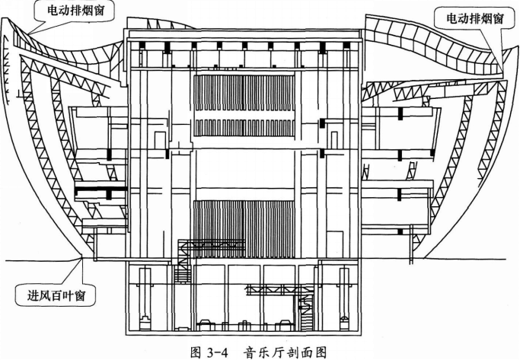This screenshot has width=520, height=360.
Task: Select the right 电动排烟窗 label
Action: (469, 16)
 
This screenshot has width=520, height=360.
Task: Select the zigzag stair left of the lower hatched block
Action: (183, 263)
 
